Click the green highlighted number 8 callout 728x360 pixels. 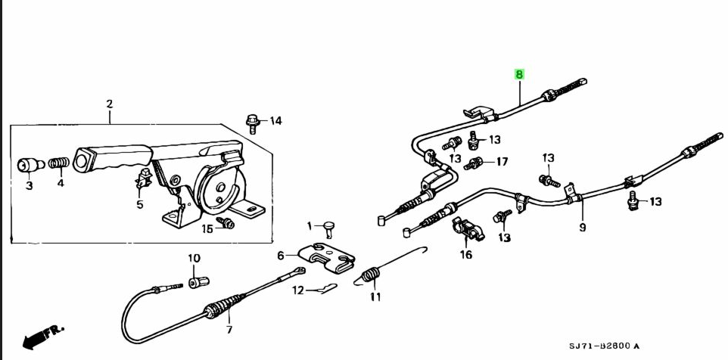pyautogui.click(x=519, y=74)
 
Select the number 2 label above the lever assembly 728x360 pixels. pyautogui.click(x=109, y=104)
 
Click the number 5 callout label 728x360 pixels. pyautogui.click(x=139, y=204)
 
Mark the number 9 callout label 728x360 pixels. pyautogui.click(x=582, y=227)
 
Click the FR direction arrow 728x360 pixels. pyautogui.click(x=42, y=335)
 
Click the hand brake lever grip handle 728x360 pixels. pyautogui.click(x=114, y=159)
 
